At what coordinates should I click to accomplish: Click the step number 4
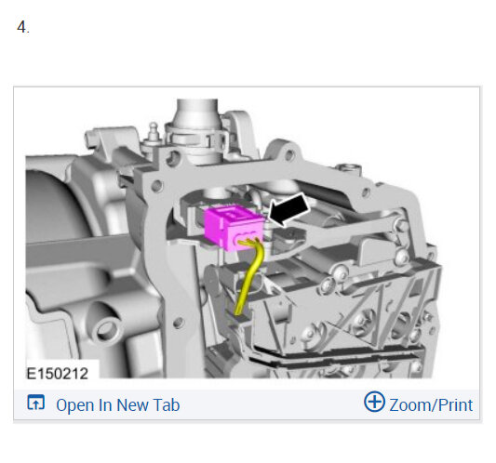pyautogui.click(x=22, y=27)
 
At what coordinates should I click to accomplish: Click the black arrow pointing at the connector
pyautogui.click(x=288, y=209)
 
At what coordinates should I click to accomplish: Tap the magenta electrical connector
pyautogui.click(x=235, y=227)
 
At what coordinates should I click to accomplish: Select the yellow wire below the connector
pyautogui.click(x=250, y=275)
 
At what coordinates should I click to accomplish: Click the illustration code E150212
pyautogui.click(x=58, y=374)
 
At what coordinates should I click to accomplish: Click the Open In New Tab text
pyautogui.click(x=117, y=405)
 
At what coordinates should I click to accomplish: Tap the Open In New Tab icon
pyautogui.click(x=35, y=403)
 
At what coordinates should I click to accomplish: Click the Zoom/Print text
pyautogui.click(x=431, y=405)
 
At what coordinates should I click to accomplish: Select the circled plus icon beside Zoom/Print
pyautogui.click(x=374, y=402)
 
